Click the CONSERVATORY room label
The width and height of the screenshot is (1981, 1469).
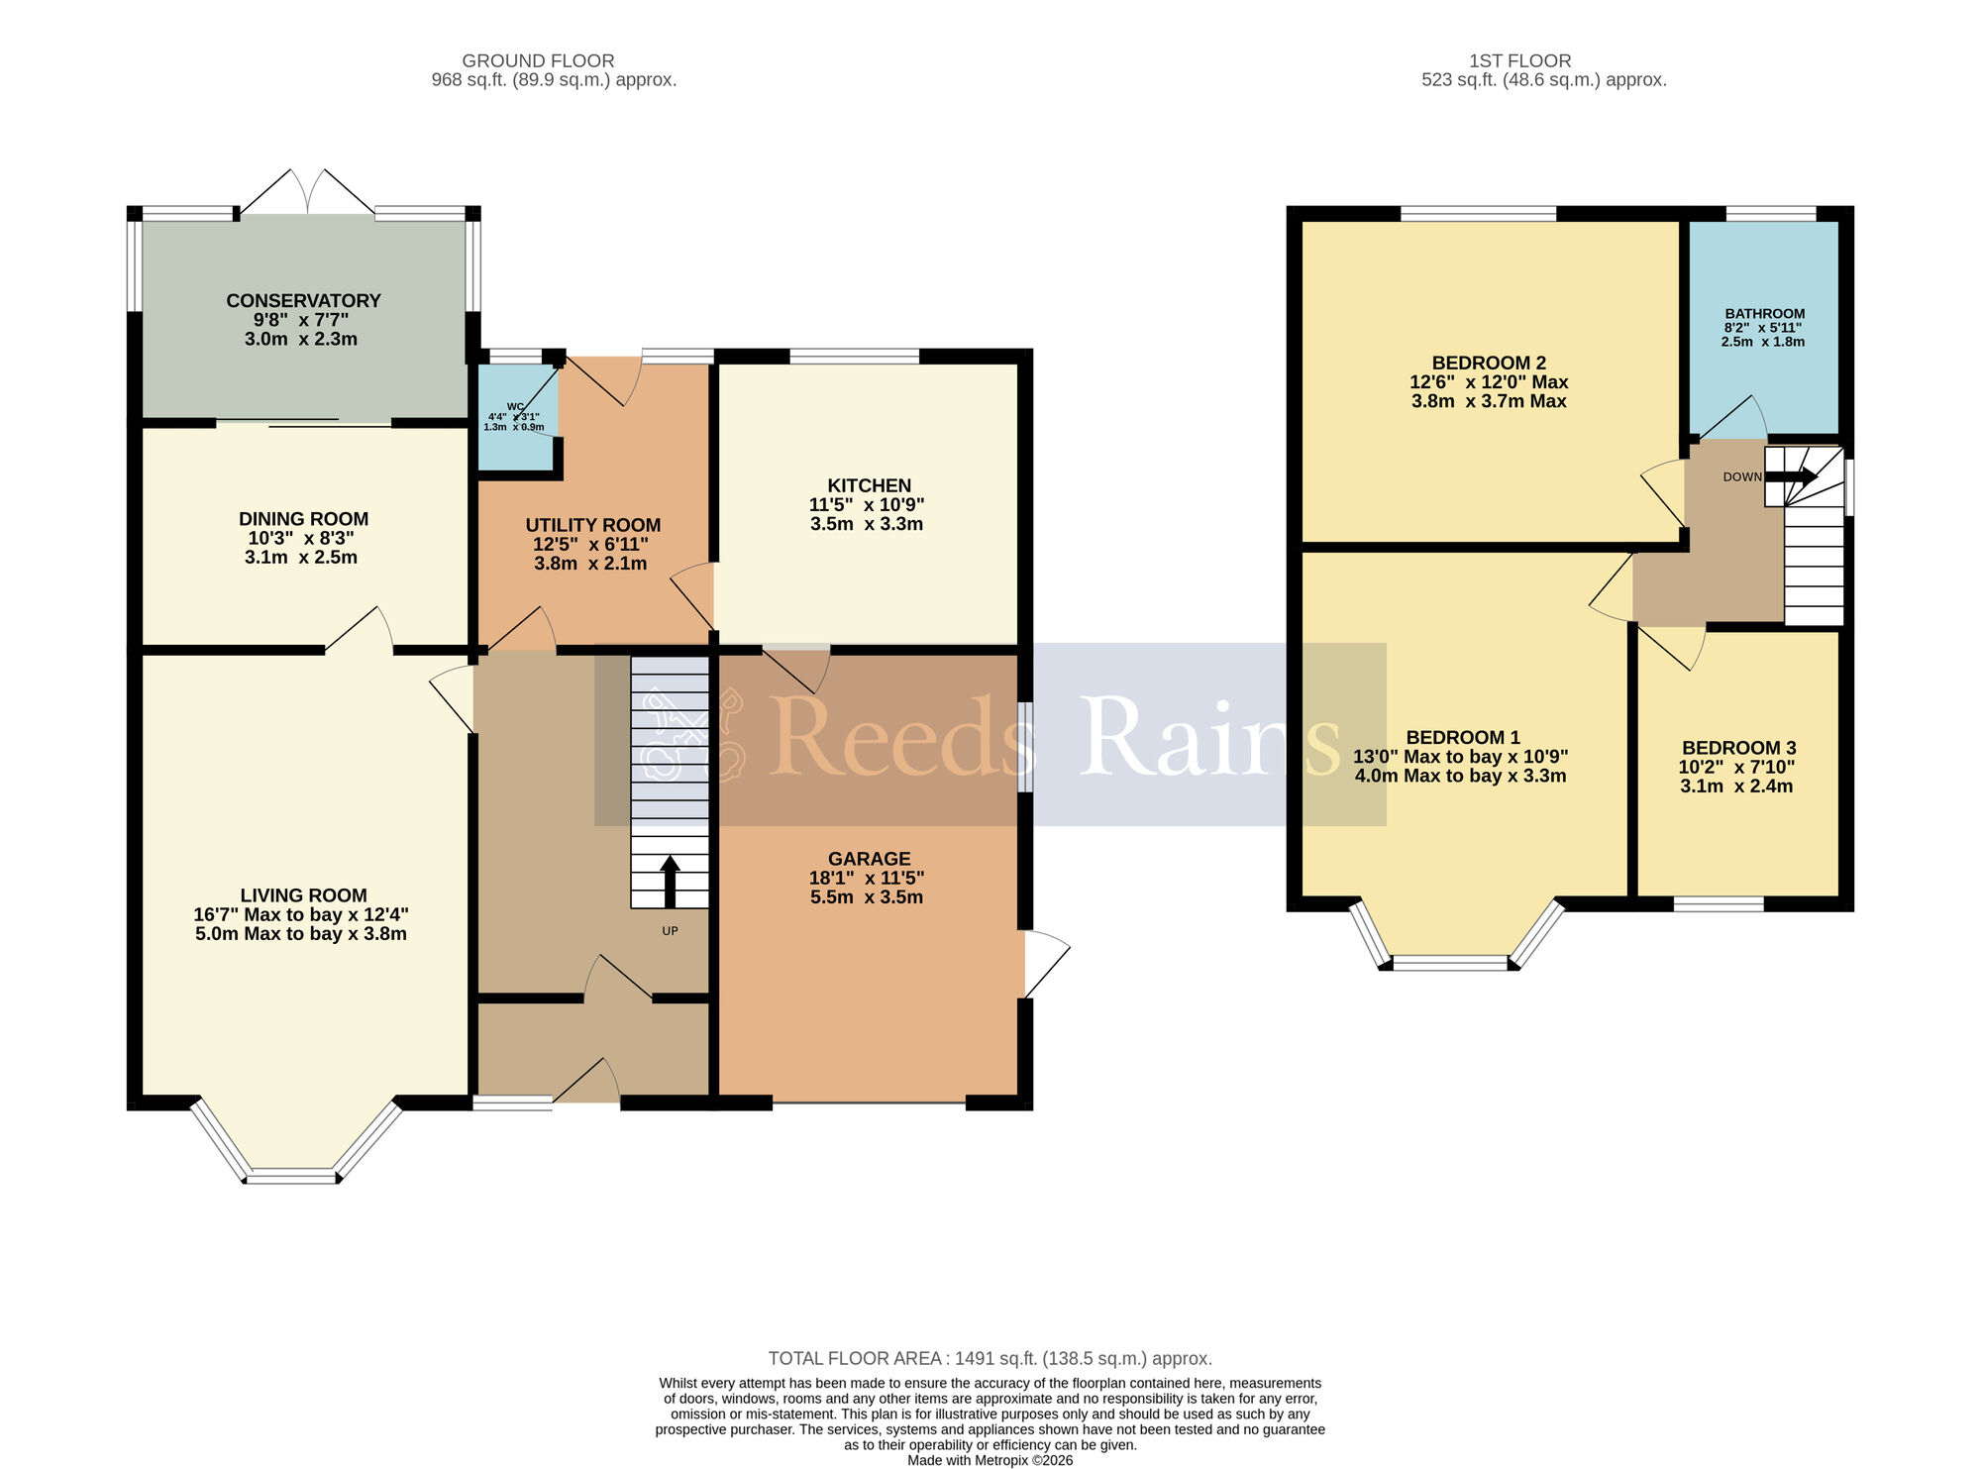click(x=303, y=300)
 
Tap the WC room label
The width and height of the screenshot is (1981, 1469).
click(x=515, y=406)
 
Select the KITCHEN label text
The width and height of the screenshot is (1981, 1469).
click(x=869, y=485)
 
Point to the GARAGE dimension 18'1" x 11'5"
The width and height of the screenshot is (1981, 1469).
click(x=867, y=878)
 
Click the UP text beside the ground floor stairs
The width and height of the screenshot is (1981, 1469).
click(x=671, y=931)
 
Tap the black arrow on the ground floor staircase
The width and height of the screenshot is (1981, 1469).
click(x=671, y=881)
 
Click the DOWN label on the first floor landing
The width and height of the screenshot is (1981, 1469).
click(x=1742, y=477)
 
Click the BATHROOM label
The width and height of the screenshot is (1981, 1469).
click(x=1765, y=313)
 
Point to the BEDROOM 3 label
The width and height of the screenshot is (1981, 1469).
click(x=1738, y=748)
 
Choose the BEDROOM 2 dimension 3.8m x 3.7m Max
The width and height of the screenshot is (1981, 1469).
click(x=1489, y=401)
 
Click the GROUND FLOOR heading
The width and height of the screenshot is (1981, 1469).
click(x=538, y=61)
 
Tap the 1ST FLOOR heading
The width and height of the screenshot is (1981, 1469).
click(x=1520, y=61)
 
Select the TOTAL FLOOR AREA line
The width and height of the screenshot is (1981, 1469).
click(x=990, y=1358)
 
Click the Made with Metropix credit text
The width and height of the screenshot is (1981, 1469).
click(x=990, y=1460)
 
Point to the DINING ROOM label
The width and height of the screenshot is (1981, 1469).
click(x=303, y=519)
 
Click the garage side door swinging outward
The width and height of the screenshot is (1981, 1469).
click(x=1046, y=963)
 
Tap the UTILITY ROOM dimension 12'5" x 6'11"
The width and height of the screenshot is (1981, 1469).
click(x=592, y=545)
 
